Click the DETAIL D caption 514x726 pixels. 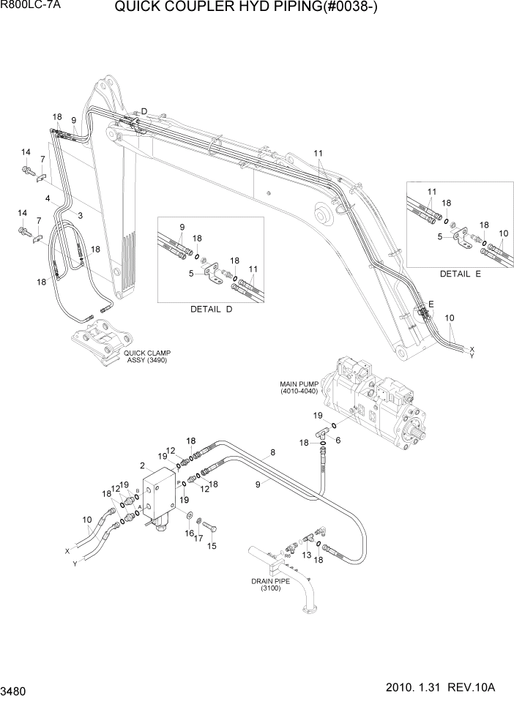211,310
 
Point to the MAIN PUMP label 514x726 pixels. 300,387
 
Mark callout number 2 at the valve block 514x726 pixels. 143,465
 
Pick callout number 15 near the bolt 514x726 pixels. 213,545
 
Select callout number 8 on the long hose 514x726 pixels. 273,453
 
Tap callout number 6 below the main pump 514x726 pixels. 338,440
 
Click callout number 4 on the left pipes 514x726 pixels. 48,198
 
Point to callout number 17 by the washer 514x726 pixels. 198,539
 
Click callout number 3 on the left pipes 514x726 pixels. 80,215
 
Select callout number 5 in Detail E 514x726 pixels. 440,236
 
